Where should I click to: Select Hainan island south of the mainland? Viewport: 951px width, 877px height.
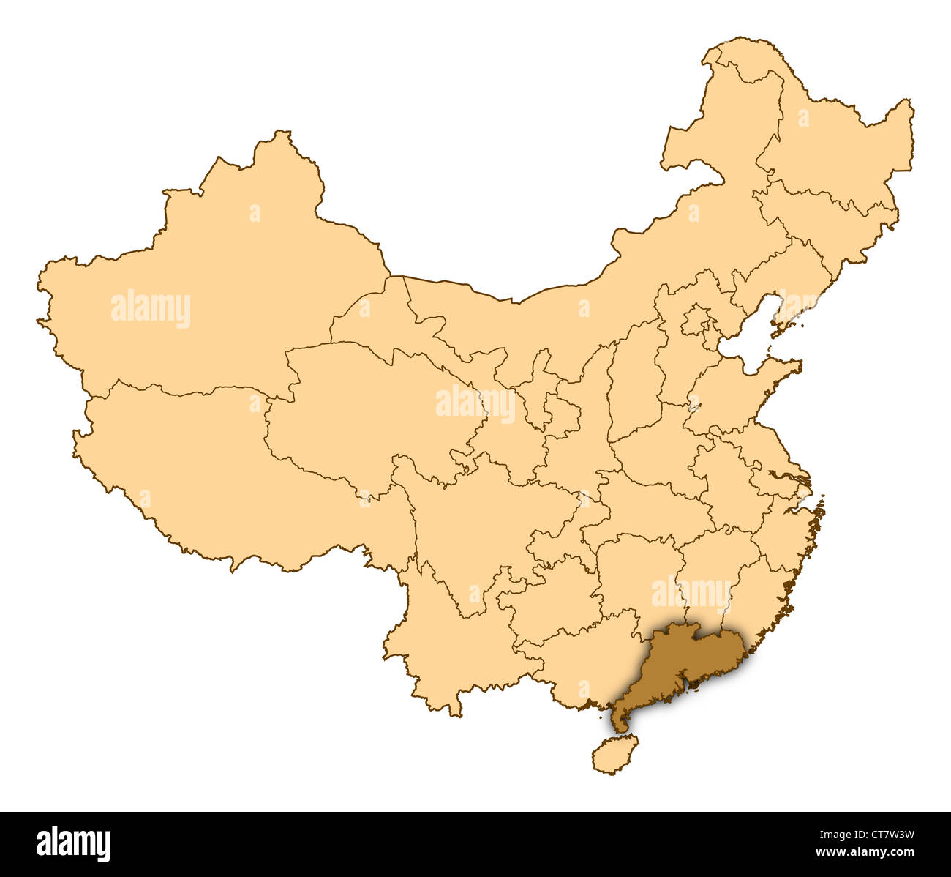[x=614, y=754]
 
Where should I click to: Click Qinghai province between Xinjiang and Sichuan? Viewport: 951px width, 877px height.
[x=366, y=410]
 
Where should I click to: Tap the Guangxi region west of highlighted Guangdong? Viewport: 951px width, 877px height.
[x=578, y=659]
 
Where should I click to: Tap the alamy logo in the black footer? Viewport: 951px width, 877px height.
[x=73, y=843]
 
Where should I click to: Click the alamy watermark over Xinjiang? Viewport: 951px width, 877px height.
[x=151, y=308]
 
